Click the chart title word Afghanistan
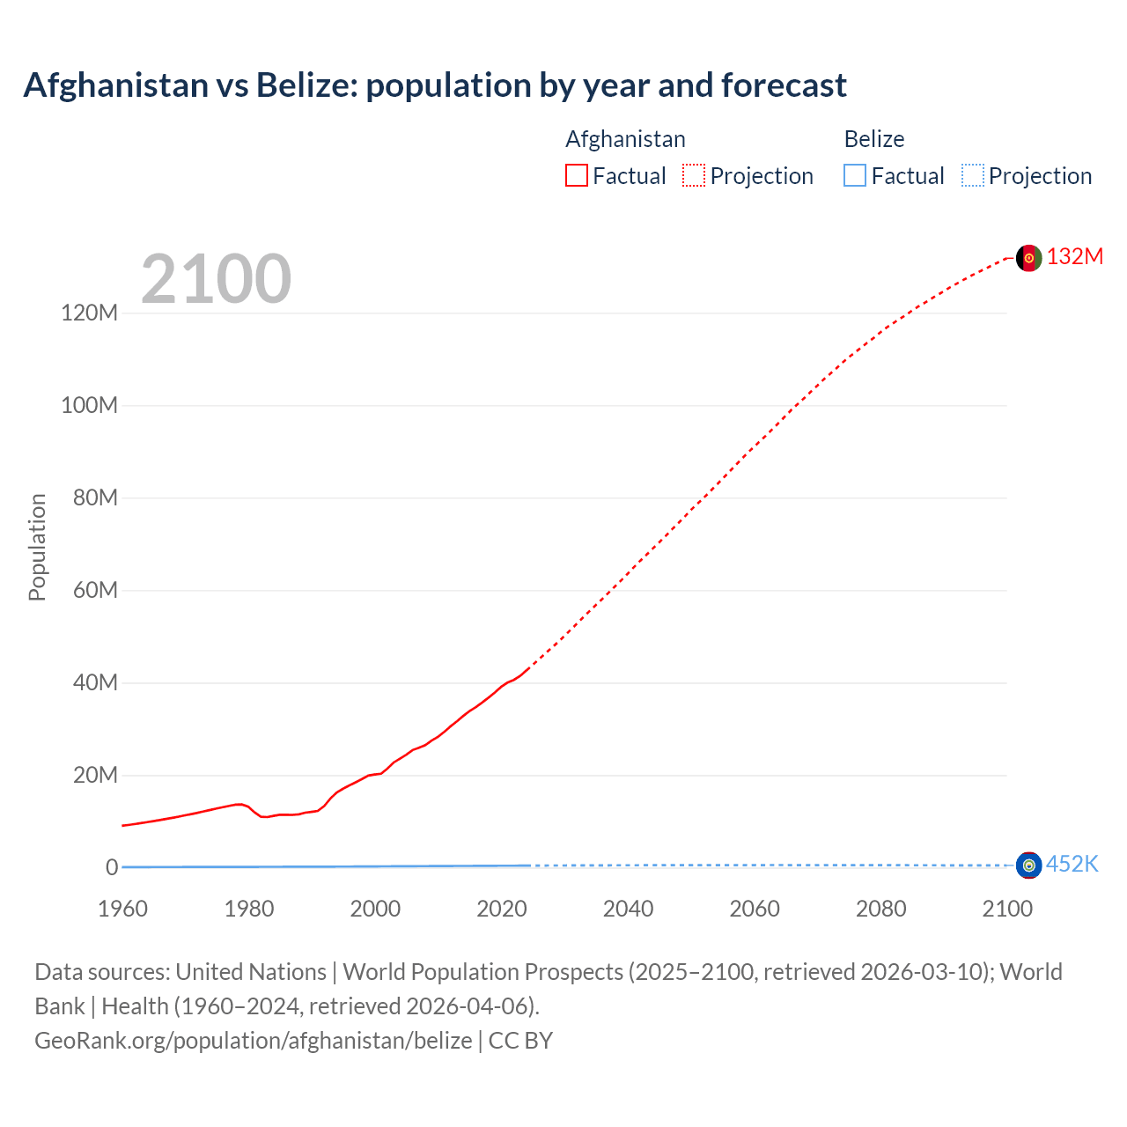tap(114, 85)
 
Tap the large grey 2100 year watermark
tap(216, 279)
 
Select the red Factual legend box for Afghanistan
tap(577, 176)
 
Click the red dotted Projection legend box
tap(694, 176)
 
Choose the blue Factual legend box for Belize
tap(855, 176)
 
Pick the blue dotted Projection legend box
tap(973, 176)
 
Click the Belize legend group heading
tap(873, 139)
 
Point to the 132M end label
tap(1074, 256)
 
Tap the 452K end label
tap(1072, 864)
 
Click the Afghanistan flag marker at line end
tap(1028, 258)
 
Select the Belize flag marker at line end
tap(1028, 866)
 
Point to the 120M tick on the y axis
tap(89, 313)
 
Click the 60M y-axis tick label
tap(95, 590)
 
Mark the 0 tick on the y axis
tap(112, 867)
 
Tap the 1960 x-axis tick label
tap(122, 909)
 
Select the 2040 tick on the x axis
tap(628, 909)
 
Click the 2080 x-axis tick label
tap(880, 909)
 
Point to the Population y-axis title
tap(37, 547)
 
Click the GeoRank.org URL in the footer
tap(253, 1040)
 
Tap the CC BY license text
tap(520, 1040)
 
